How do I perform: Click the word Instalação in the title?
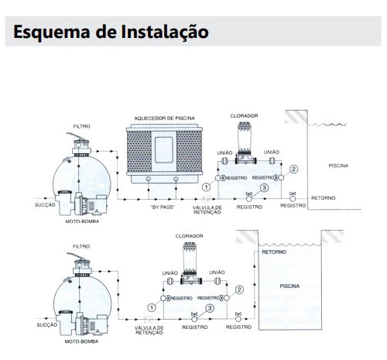coord(165,32)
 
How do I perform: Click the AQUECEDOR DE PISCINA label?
coord(165,118)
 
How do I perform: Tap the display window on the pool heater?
coord(164,149)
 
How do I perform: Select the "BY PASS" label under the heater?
coord(163,207)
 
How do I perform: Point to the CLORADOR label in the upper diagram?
coord(244,116)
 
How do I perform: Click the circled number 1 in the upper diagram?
coord(206,187)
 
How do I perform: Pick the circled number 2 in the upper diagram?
coord(293,169)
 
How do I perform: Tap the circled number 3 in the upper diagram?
coord(264,187)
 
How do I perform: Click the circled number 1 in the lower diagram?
coord(152,307)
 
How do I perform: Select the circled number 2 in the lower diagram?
coord(239,290)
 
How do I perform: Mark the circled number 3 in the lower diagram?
coord(210,308)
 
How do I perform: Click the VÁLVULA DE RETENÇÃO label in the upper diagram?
coord(207,210)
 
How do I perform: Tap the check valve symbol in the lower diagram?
coord(148,319)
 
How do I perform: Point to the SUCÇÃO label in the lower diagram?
coord(47,324)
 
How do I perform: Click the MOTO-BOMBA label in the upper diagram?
coord(82,221)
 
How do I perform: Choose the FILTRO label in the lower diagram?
coord(81,246)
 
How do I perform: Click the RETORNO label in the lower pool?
coord(274,252)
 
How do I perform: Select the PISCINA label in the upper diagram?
coord(338,166)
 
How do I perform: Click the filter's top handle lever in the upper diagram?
coord(76,136)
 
